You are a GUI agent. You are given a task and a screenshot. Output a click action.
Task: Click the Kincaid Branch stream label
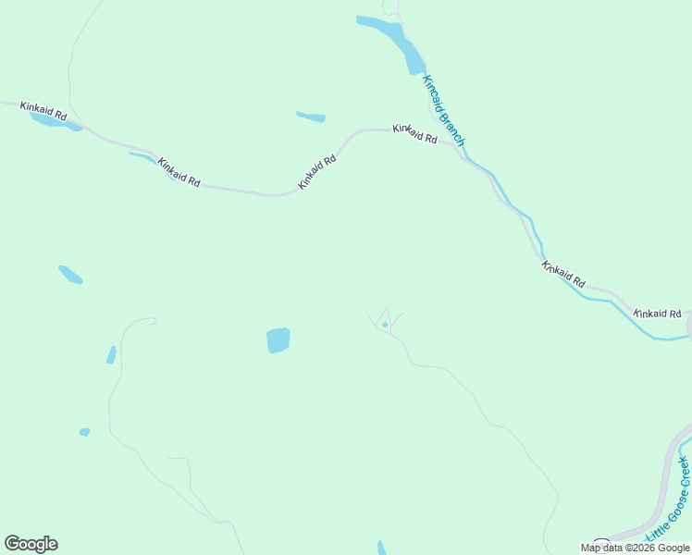point(443,110)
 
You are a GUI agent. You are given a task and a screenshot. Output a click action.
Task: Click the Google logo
point(31,544)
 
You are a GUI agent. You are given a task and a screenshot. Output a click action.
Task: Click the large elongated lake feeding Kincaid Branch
point(392,39)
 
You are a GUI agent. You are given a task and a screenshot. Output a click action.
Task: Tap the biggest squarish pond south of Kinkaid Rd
point(278,339)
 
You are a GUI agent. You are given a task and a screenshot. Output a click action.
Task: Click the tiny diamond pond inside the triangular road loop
point(385,325)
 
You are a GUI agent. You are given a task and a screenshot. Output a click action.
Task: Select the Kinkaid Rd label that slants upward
point(316,172)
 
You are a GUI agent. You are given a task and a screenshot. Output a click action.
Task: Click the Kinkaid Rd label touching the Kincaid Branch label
point(414,133)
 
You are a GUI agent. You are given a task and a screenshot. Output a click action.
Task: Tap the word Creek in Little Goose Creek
point(683,472)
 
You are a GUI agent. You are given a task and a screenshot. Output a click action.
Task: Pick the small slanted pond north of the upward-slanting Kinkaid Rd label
point(311,117)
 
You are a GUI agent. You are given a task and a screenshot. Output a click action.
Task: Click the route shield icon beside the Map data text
point(601,543)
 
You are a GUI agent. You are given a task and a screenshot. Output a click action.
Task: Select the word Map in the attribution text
point(590,548)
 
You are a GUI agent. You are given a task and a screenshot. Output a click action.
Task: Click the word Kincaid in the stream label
point(433,92)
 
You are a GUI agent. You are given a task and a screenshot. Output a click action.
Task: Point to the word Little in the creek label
point(655,532)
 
